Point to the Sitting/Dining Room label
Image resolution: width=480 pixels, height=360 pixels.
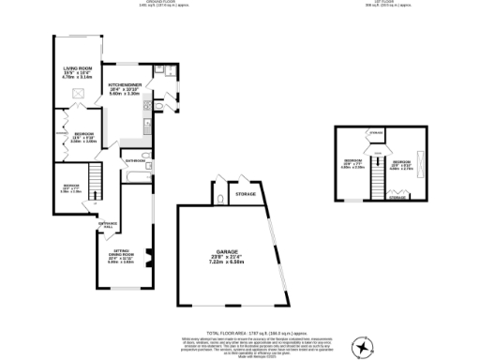123,256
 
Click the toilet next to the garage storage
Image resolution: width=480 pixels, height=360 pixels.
217,199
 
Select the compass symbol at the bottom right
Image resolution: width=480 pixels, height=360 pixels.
361,348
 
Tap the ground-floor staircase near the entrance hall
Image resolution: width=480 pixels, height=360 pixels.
94,177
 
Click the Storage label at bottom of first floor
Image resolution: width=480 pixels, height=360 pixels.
397,198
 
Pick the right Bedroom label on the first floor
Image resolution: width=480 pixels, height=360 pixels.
401,164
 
